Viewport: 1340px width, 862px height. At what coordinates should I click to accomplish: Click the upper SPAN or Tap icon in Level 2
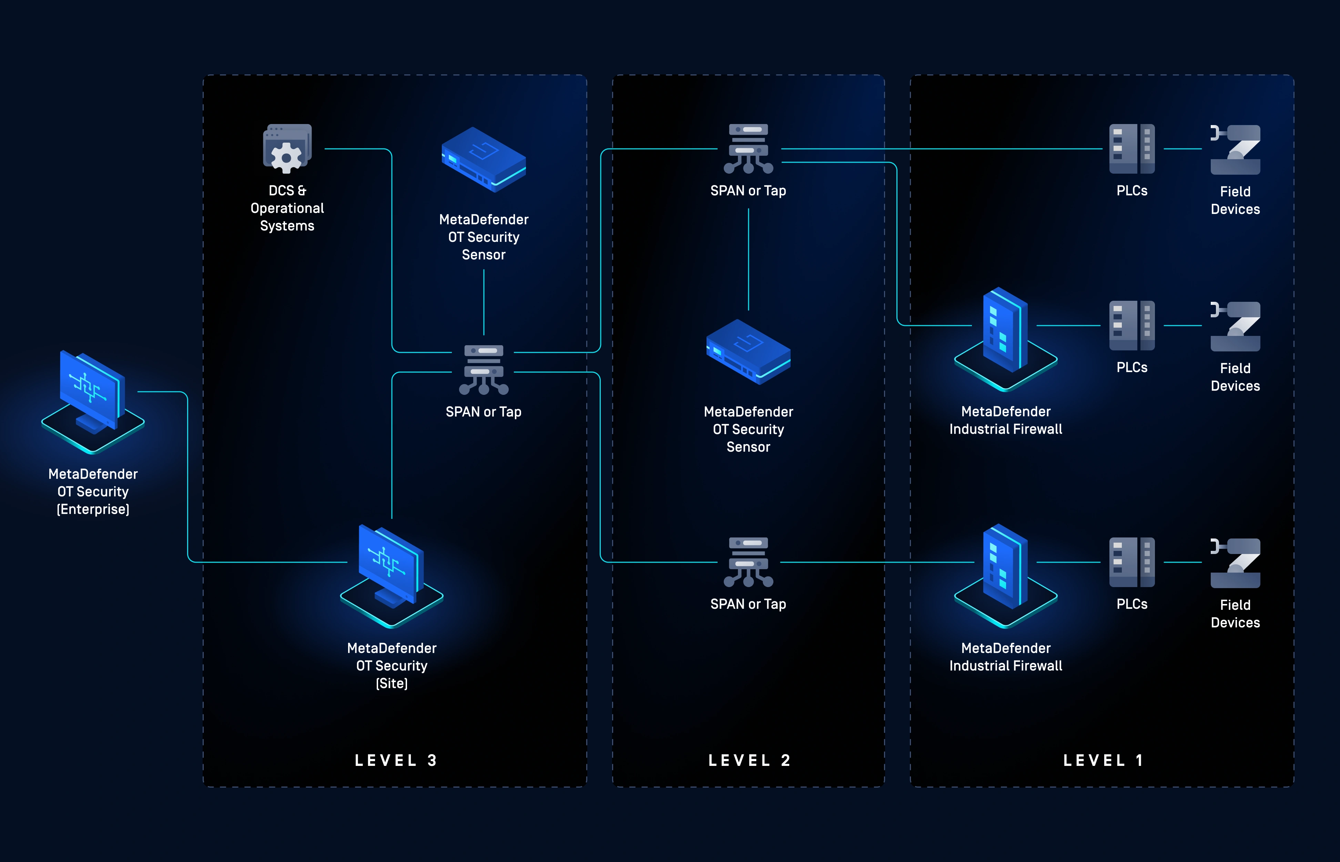(749, 148)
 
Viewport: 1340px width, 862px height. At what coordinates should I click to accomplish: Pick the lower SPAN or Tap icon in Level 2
(749, 562)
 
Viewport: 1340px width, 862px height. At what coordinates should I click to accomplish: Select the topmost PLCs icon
(1132, 149)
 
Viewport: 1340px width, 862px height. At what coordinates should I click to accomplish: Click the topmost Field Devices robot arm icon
(1235, 150)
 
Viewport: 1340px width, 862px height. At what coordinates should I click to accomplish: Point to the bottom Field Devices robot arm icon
(1235, 563)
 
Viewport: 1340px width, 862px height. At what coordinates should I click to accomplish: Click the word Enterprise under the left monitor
(93, 509)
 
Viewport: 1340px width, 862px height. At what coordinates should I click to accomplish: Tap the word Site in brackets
(392, 684)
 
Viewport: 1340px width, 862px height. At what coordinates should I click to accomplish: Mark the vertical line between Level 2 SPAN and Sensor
(749, 259)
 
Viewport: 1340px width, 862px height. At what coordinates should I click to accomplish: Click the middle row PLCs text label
(1132, 367)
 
